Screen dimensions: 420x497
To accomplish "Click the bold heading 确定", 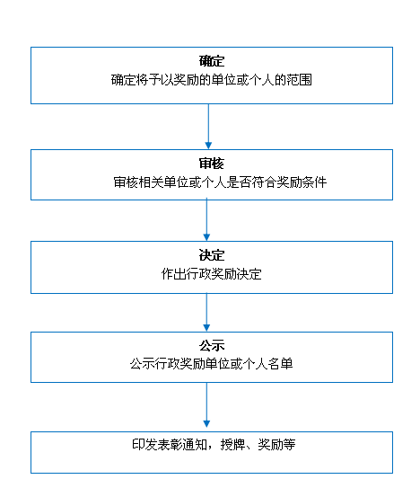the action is tap(212, 61).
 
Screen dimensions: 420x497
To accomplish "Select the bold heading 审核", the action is tap(212, 164).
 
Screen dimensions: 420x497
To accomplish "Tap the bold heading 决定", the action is tap(212, 255).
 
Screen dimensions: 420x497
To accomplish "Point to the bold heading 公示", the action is tap(212, 345).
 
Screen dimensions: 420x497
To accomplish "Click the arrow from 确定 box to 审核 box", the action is tap(208, 127).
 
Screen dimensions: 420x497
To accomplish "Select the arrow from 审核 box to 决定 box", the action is tap(206, 219).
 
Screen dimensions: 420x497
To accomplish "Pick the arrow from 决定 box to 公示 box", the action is tap(206, 312).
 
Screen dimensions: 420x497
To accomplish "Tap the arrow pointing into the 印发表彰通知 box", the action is tap(206, 404).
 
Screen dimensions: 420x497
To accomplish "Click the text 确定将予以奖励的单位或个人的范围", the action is tap(212, 80).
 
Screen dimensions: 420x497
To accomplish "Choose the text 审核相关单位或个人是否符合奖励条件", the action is tap(220, 182).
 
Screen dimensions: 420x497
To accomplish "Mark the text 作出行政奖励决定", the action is tap(212, 274).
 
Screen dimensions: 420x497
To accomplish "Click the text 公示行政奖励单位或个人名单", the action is tap(212, 364).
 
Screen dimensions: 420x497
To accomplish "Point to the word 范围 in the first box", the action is tap(300, 80).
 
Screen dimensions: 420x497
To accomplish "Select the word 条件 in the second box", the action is tap(314, 182).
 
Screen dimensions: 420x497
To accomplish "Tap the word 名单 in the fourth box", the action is tap(280, 364).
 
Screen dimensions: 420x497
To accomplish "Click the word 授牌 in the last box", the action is tap(233, 444).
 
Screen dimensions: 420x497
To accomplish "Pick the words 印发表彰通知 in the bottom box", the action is tap(170, 444).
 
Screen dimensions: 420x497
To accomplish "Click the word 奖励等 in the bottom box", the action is tap(276, 444).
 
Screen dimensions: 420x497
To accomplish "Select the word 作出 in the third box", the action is tap(174, 274).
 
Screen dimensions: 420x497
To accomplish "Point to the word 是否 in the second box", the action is tap(239, 182).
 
